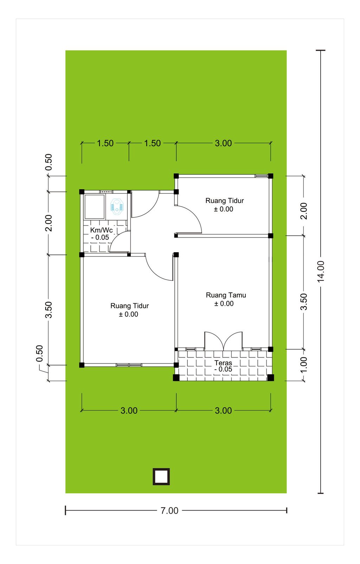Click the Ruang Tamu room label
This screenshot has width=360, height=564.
tap(226, 295)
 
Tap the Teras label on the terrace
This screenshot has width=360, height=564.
tap(223, 363)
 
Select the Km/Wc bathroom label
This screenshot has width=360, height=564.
tap(101, 230)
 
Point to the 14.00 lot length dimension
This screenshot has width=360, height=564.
tap(321, 271)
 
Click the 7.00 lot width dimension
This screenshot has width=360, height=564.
tap(169, 511)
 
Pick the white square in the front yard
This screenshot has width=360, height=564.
tap(161, 477)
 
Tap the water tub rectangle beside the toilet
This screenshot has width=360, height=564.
tap(94, 207)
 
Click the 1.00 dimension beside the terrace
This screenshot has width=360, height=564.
tap(304, 365)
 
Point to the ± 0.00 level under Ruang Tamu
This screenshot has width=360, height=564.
tap(224, 304)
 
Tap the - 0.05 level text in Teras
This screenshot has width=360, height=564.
tap(223, 369)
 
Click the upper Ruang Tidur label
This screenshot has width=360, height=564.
tap(224, 201)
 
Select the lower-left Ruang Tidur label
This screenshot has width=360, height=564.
tap(130, 306)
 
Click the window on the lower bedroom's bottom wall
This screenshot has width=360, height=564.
tap(129, 365)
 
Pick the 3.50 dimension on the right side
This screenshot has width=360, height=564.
tap(304, 302)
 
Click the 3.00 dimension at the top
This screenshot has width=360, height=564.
tap(223, 143)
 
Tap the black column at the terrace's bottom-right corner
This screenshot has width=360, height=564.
tap(270, 378)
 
